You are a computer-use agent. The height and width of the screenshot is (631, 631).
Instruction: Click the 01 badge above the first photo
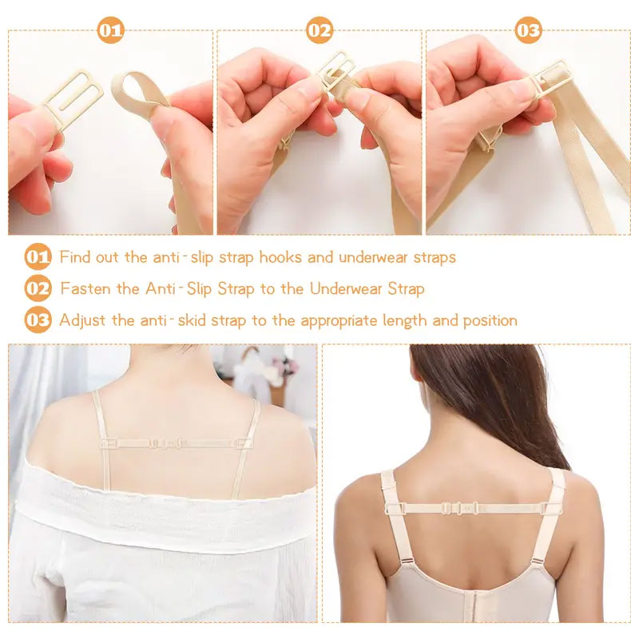click(x=111, y=30)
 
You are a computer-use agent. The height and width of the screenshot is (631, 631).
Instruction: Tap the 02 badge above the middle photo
click(x=319, y=30)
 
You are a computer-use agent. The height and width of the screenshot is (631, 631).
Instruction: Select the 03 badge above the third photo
click(x=529, y=30)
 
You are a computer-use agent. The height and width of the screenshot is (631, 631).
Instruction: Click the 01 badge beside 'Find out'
click(x=38, y=256)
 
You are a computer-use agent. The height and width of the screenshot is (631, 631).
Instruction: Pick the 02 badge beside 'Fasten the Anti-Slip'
click(x=38, y=288)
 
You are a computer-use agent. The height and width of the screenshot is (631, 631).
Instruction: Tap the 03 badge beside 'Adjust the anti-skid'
click(x=38, y=320)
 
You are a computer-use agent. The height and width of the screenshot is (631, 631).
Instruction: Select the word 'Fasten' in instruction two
click(x=85, y=288)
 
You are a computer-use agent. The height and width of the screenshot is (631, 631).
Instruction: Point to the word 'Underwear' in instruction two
click(x=345, y=288)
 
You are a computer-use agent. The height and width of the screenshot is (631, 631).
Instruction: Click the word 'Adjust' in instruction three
click(x=82, y=321)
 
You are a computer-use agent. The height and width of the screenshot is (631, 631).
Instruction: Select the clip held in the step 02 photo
click(x=337, y=72)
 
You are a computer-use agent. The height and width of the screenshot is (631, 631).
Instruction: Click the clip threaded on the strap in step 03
click(x=551, y=79)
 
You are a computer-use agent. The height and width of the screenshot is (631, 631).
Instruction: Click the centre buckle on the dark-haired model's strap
click(x=458, y=508)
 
